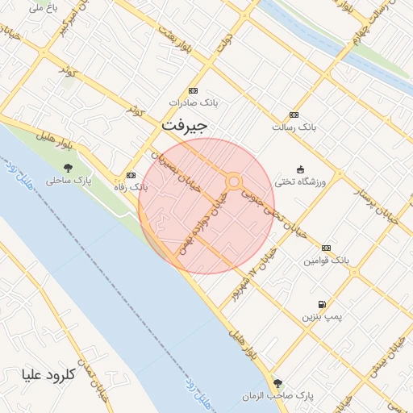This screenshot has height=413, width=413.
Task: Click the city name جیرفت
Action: tap(185, 127)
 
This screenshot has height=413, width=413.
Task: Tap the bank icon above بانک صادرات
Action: tap(193, 90)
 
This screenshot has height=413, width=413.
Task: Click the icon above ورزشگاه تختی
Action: tap(301, 169)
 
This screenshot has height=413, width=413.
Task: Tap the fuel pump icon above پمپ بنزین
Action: tap(323, 304)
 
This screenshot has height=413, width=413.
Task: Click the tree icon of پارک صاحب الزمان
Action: tap(277, 383)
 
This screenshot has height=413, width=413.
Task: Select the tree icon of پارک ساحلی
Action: tap(67, 168)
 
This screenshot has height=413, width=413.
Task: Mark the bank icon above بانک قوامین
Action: tap(326, 248)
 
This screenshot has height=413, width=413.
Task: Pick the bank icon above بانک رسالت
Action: tap(294, 115)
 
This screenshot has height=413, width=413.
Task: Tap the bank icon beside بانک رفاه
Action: tap(131, 174)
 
